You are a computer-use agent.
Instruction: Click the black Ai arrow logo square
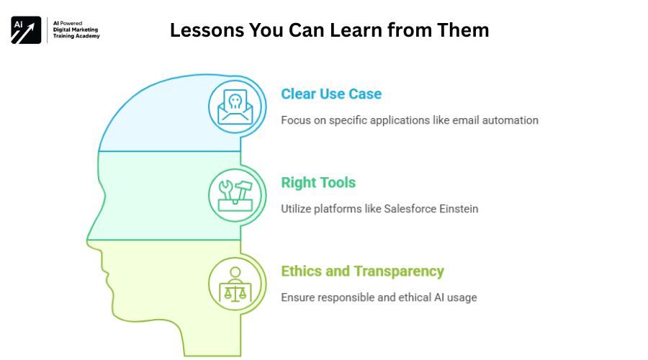pyautogui.click(x=26, y=30)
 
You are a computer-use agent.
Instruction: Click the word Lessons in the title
pyautogui.click(x=207, y=30)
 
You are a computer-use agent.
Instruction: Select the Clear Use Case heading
pyautogui.click(x=331, y=94)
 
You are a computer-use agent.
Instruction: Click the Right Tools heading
pyautogui.click(x=318, y=182)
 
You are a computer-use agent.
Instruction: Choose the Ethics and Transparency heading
pyautogui.click(x=362, y=271)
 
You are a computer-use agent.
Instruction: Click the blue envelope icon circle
pyautogui.click(x=235, y=107)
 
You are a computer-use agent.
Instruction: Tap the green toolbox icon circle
pyautogui.click(x=235, y=195)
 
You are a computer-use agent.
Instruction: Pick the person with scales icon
pyautogui.click(x=235, y=284)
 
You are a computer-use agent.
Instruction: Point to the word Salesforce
pyautogui.click(x=410, y=209)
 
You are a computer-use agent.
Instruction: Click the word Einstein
pyautogui.click(x=459, y=209)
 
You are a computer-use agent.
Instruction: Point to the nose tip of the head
pyautogui.click(x=87, y=240)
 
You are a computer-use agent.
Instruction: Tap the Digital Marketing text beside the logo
pyautogui.click(x=76, y=30)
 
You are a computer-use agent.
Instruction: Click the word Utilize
pyautogui.click(x=296, y=209)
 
